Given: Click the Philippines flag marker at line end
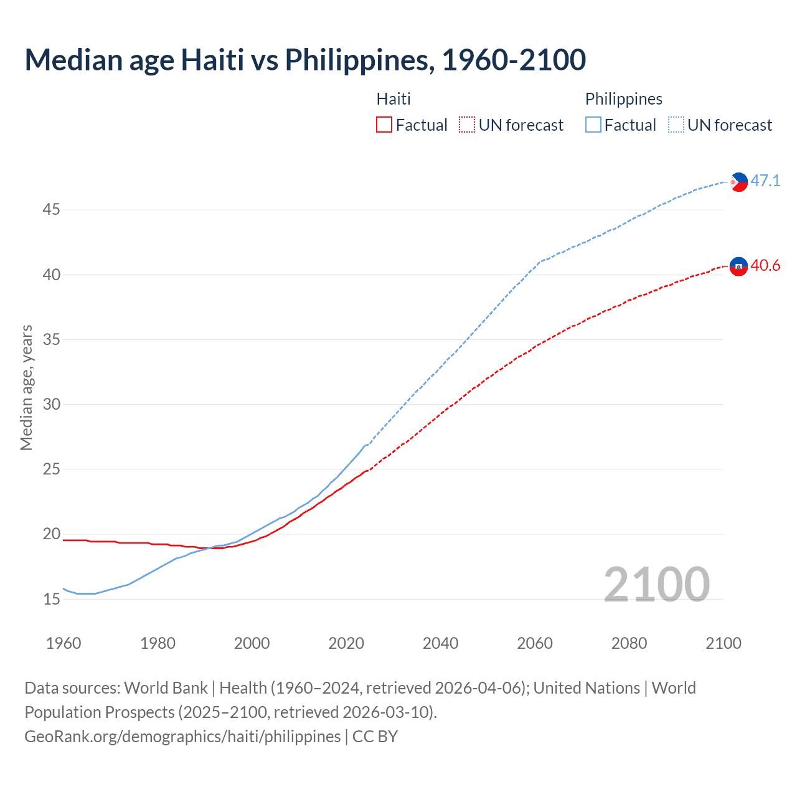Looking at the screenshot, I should click(738, 182).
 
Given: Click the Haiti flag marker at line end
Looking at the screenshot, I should click(738, 266).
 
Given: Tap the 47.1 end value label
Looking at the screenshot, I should click(765, 181).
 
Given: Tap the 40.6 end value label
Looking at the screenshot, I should click(765, 266).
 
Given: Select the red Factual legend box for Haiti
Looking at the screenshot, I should click(384, 125).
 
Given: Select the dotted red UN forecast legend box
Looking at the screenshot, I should click(467, 125).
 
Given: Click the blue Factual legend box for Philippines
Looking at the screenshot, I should click(593, 125).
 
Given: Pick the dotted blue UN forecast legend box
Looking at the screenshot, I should click(676, 125).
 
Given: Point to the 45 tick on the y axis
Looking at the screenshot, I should click(51, 210).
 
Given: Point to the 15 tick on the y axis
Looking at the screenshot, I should click(51, 600).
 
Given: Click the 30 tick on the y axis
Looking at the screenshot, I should click(51, 405).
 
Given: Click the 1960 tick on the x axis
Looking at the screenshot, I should click(64, 643).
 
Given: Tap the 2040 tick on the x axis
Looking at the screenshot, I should click(440, 643).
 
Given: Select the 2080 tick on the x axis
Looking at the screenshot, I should click(629, 643).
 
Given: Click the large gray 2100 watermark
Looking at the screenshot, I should click(656, 584).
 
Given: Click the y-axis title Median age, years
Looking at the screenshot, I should click(26, 387).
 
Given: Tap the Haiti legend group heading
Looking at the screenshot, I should click(394, 99).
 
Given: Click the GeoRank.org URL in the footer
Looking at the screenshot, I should click(182, 737).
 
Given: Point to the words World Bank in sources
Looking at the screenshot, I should click(166, 688).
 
